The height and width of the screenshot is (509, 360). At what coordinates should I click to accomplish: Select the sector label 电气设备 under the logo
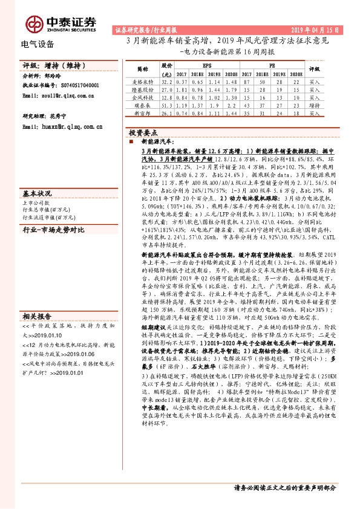(x=38, y=44)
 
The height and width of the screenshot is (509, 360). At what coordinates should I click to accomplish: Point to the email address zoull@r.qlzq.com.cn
(x=67, y=96)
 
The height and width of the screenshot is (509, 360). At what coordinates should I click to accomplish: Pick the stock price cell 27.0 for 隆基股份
(x=168, y=88)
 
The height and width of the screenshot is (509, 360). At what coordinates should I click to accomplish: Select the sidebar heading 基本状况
(x=37, y=193)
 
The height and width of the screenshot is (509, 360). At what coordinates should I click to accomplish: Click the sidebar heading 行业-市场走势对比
(x=54, y=230)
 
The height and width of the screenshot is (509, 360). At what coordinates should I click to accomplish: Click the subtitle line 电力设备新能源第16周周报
(x=231, y=52)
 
